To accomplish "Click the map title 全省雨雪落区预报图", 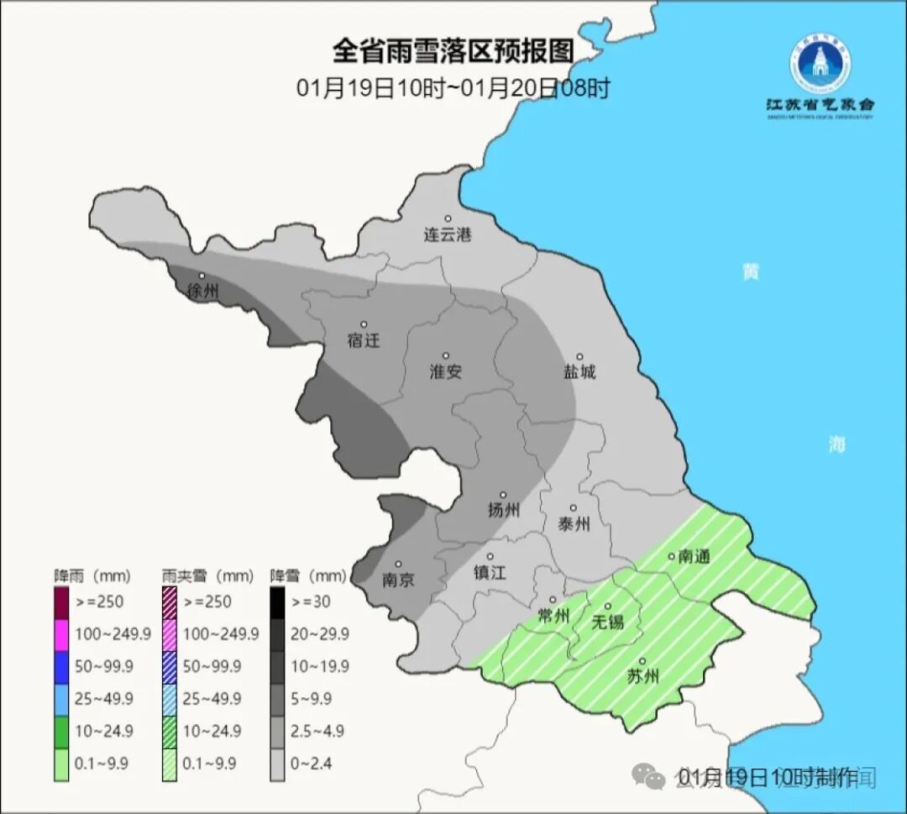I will click(453, 51).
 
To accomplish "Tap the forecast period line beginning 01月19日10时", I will click(453, 88).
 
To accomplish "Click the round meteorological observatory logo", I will click(820, 64).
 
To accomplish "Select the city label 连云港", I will click(448, 235).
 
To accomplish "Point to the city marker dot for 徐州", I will click(202, 276).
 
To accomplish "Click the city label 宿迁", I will click(364, 341).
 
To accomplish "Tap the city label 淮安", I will click(446, 372).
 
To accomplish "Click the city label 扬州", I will click(504, 510).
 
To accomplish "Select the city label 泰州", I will click(574, 524).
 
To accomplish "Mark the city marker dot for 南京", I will click(398, 565).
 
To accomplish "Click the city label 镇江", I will click(490, 571).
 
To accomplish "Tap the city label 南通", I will click(695, 556).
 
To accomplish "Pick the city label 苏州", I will click(643, 676).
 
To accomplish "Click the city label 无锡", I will click(608, 622).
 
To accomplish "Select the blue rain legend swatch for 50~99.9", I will click(61, 666).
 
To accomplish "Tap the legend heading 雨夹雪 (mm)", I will click(207, 576).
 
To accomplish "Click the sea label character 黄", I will click(750, 272).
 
